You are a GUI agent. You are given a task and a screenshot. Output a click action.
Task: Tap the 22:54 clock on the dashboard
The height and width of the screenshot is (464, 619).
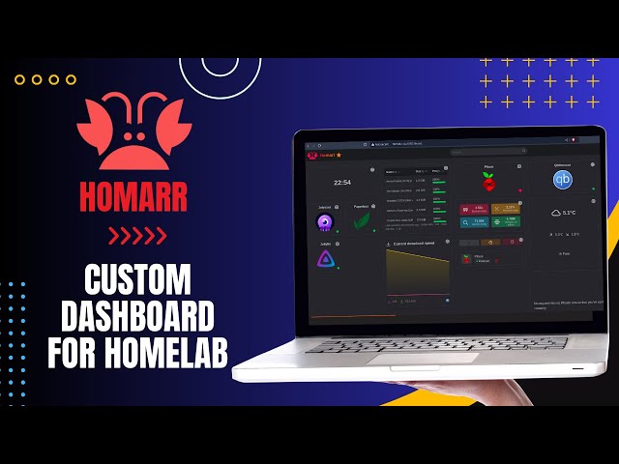click(342, 182)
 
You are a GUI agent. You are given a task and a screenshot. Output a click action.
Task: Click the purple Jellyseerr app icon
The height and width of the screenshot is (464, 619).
click(325, 222)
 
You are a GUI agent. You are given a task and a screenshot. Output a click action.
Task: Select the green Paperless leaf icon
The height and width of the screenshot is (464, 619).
click(362, 222)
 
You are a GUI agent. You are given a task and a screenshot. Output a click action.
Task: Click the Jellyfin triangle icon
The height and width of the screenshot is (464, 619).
click(325, 259)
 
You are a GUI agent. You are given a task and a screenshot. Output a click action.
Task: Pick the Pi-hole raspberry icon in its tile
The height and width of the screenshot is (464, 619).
click(489, 183)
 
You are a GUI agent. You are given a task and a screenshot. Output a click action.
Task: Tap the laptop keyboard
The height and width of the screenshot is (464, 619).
click(426, 343)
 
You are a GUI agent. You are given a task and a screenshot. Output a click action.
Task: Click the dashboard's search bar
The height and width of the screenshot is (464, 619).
click(474, 152)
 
